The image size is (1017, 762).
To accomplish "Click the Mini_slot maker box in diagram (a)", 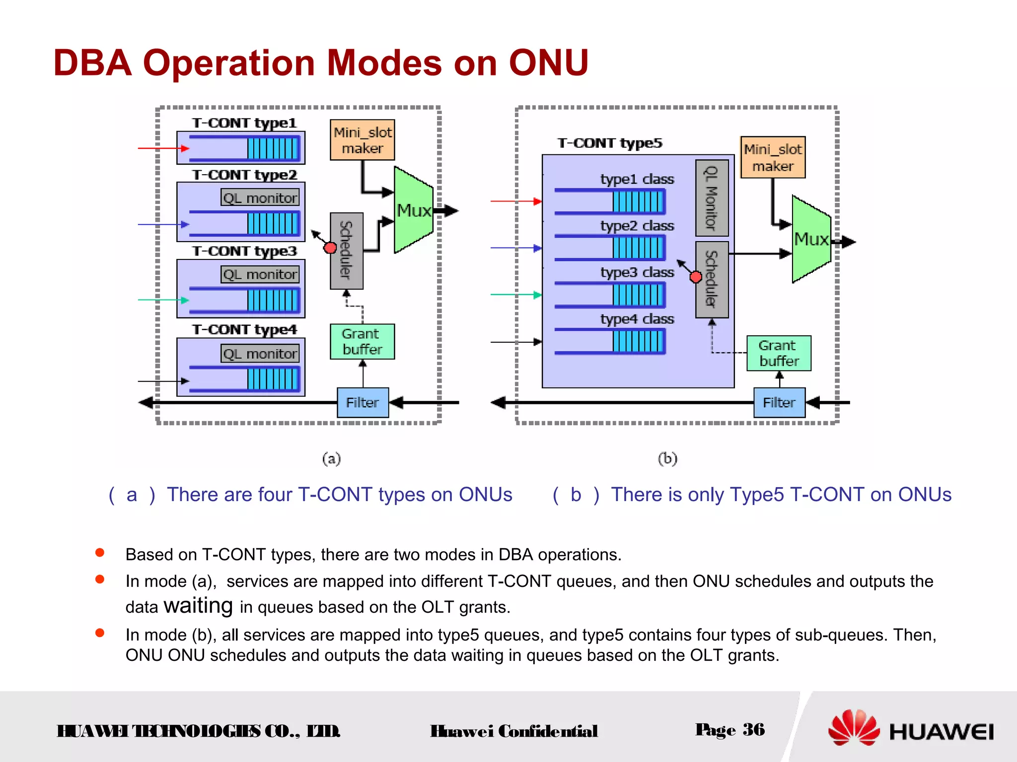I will [x=362, y=140].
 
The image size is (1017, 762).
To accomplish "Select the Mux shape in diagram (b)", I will [x=811, y=239].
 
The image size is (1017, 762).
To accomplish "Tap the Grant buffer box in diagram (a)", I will [x=362, y=342].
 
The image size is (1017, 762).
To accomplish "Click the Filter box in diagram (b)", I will [x=779, y=402].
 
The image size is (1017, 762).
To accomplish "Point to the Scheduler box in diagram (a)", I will [x=346, y=251].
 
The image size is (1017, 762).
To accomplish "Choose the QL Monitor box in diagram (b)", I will [x=712, y=197].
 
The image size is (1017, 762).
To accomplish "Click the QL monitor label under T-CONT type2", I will [x=260, y=197].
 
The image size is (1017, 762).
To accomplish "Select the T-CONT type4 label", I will [x=244, y=329].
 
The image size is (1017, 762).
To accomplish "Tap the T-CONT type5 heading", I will [x=609, y=143].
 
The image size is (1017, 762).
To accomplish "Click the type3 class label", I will [x=637, y=272].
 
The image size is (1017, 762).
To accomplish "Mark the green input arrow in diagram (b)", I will [x=515, y=295].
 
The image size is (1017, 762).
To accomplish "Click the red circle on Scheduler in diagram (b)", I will [x=696, y=277].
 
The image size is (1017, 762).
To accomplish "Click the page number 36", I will [x=753, y=730].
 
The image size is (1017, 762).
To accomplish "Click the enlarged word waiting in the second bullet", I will [x=198, y=606].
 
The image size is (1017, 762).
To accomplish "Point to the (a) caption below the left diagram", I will [x=331, y=458].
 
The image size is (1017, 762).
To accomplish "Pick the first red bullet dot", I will [x=100, y=553].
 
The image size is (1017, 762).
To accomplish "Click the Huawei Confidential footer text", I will [x=513, y=731].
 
